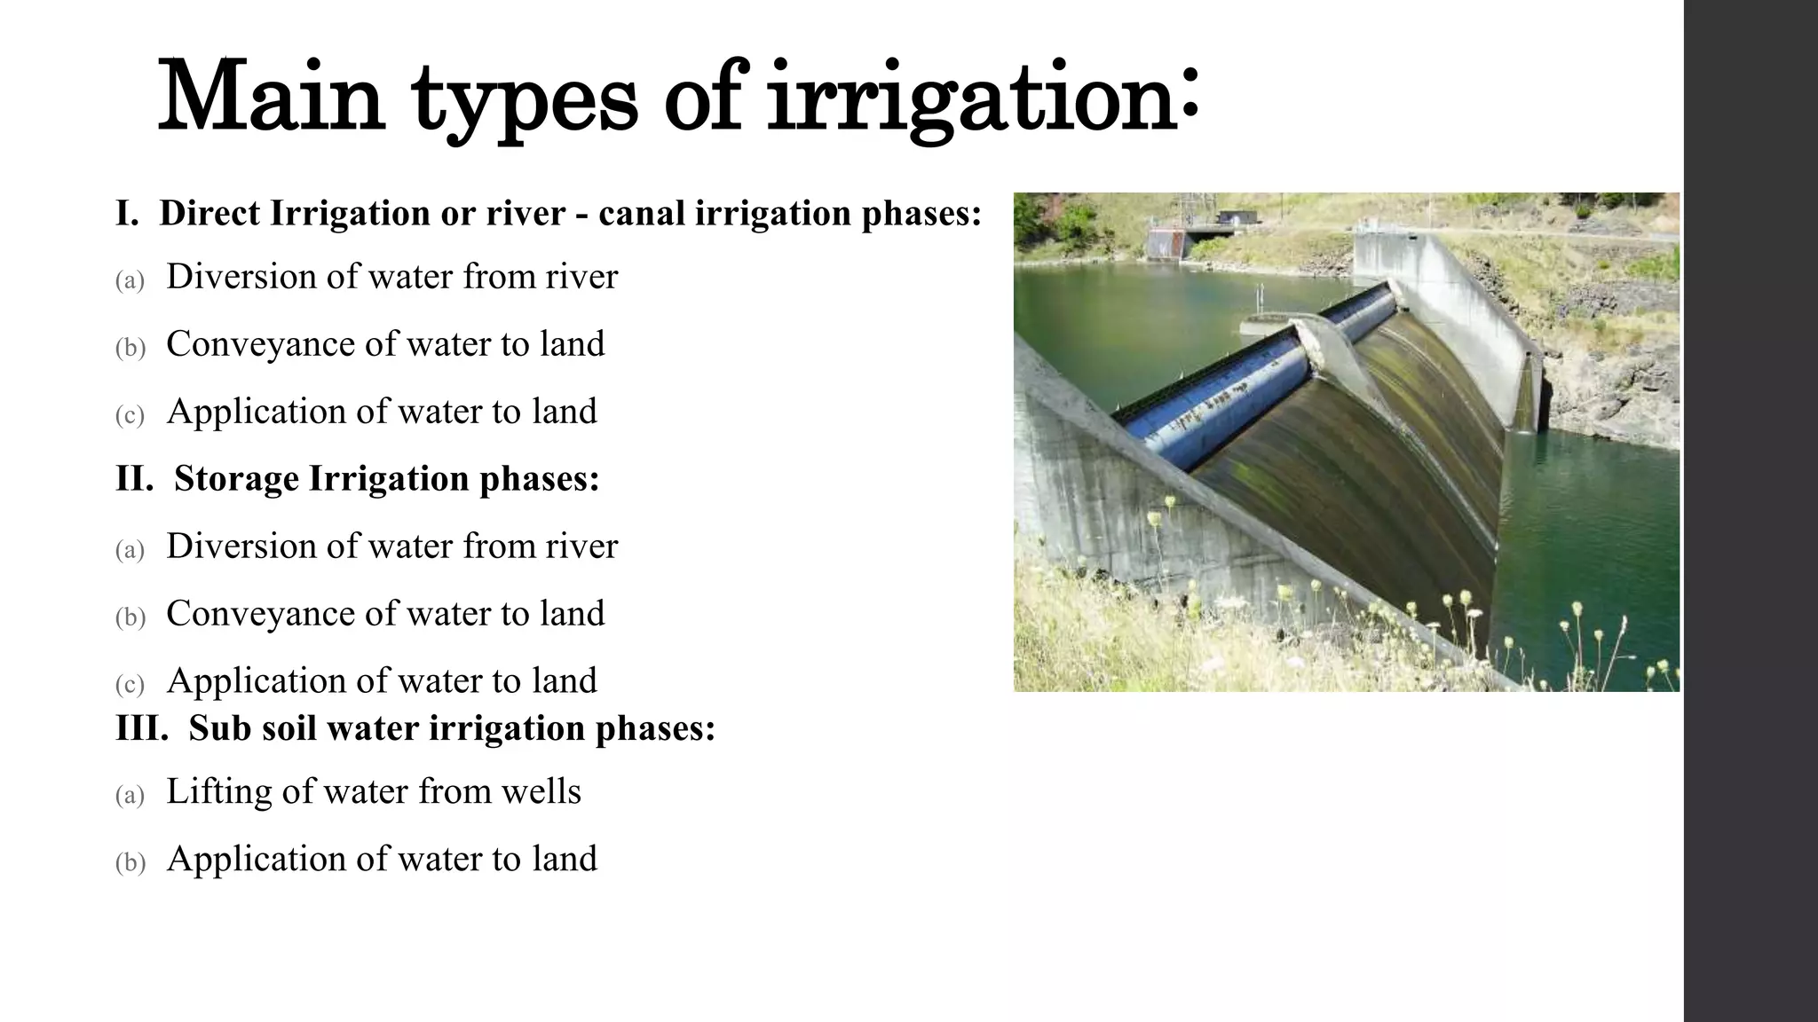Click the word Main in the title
(x=271, y=98)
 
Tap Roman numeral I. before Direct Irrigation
(x=127, y=214)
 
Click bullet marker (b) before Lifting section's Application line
(x=130, y=863)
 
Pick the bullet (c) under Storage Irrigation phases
(x=130, y=685)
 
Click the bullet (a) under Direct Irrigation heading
(x=130, y=281)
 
